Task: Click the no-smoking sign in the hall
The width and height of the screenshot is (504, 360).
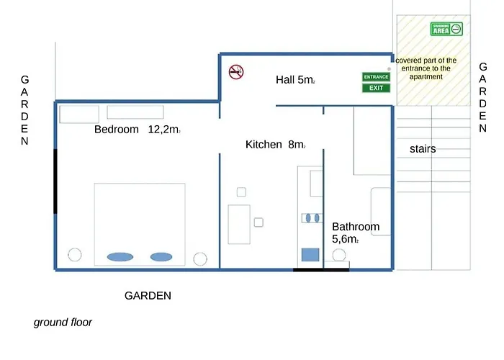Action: point(236,71)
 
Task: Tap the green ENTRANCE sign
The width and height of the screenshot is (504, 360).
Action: point(376,76)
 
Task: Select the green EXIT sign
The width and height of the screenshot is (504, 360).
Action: point(376,88)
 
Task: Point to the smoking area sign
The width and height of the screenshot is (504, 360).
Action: point(446,30)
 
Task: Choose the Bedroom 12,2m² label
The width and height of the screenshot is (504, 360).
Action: point(137,130)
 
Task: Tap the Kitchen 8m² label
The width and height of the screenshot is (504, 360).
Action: point(275,145)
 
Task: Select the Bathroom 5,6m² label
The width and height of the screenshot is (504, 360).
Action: point(355,233)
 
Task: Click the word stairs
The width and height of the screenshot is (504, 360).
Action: point(423,149)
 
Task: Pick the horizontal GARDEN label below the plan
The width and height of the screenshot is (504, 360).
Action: point(148,295)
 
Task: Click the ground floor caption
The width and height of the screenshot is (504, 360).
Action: point(63,323)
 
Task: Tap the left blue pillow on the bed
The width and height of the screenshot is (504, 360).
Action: point(120,256)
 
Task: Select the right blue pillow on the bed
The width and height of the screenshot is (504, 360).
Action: point(161,256)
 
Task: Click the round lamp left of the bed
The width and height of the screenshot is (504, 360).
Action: point(73,254)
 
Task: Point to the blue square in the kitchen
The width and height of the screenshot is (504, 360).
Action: point(310,254)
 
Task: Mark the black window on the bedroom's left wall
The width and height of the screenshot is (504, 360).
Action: point(55,181)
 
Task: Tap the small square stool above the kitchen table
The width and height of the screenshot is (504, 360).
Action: point(241,192)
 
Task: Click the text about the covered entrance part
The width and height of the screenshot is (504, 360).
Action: point(426,68)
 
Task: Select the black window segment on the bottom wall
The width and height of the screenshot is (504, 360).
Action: point(321,270)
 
